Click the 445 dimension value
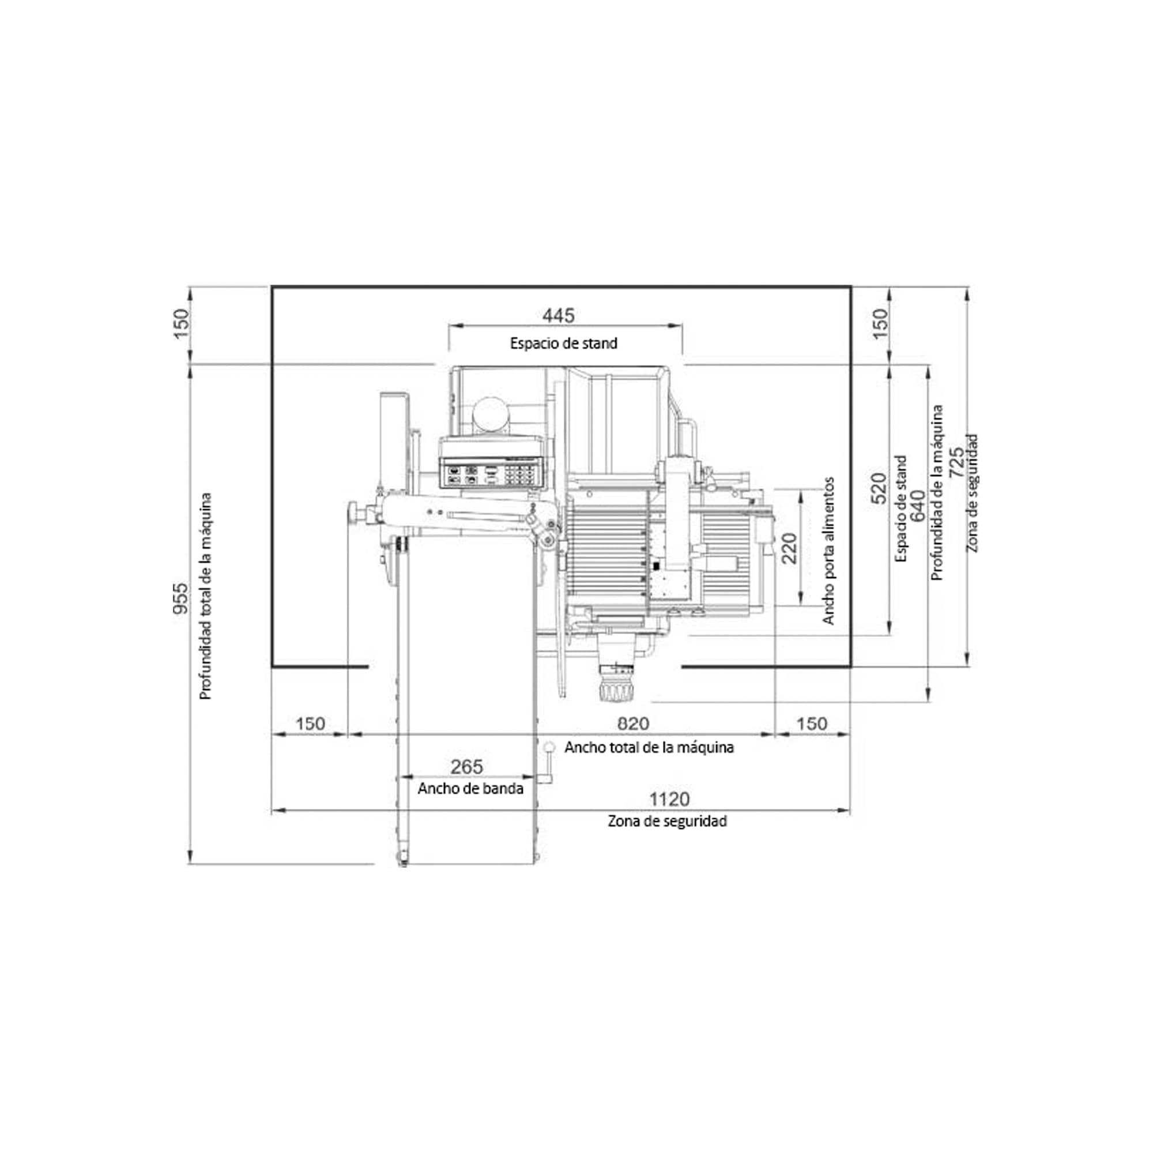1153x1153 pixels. coord(558,315)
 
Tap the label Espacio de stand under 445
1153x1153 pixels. coord(563,343)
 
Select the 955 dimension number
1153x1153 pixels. coord(180,598)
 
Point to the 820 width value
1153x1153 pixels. coord(632,724)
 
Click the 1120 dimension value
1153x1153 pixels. coord(669,798)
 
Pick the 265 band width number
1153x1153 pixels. coord(467,766)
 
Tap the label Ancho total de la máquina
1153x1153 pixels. coord(649,747)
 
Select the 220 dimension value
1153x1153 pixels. coord(789,548)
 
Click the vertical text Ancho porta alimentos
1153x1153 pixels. coord(828,551)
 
